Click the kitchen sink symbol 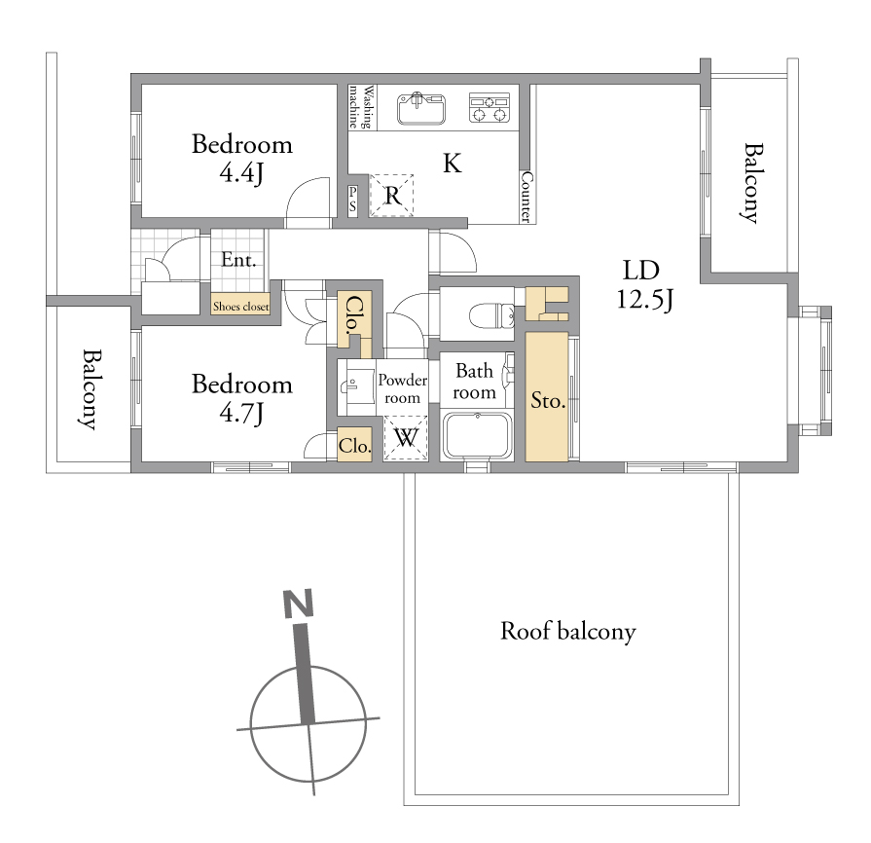(421, 108)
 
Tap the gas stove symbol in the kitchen (490, 107)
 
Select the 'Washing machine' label (360, 107)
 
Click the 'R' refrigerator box (392, 195)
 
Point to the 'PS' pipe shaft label (352, 199)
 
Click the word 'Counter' (526, 197)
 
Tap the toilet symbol (492, 315)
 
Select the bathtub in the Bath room (477, 436)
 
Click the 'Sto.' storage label (548, 400)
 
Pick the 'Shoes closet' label (240, 307)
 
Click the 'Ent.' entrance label (238, 260)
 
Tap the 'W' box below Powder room (406, 438)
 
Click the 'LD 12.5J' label (643, 284)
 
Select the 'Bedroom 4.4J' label (242, 159)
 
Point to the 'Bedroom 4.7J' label (242, 398)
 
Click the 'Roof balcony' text (567, 632)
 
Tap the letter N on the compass (299, 604)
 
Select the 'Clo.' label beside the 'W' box (354, 446)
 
